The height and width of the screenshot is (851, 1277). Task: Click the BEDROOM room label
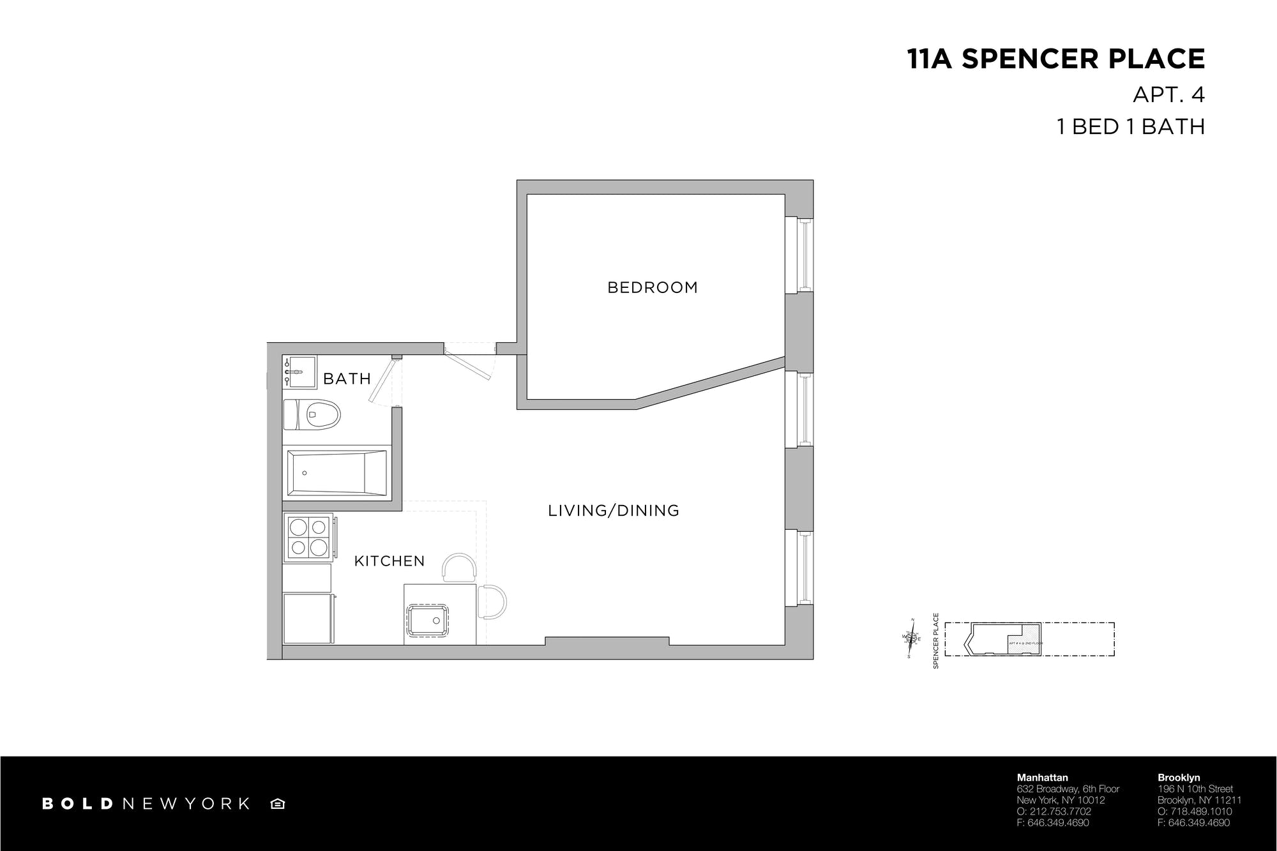tap(652, 287)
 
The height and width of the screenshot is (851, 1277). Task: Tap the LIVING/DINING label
tap(613, 511)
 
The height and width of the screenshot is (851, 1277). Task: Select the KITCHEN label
tap(389, 561)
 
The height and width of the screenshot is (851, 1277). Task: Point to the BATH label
tap(347, 379)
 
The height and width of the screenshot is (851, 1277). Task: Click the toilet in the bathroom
tap(312, 414)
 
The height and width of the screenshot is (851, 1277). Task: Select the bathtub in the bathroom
tap(336, 472)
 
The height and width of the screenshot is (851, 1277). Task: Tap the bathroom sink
tap(300, 372)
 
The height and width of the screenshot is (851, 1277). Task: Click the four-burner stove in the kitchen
tap(308, 537)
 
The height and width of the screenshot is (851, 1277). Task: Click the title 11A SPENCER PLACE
tap(1055, 59)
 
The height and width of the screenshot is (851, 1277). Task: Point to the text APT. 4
tap(1168, 94)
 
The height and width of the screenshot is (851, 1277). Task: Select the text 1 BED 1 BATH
tap(1130, 126)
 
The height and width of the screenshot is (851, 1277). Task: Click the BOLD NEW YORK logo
tap(146, 804)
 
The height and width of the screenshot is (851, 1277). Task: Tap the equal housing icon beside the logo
tap(278, 804)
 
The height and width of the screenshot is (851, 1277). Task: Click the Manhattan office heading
tap(1042, 778)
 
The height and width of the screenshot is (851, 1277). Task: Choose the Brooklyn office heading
tap(1179, 778)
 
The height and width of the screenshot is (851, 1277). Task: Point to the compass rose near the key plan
tap(912, 638)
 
